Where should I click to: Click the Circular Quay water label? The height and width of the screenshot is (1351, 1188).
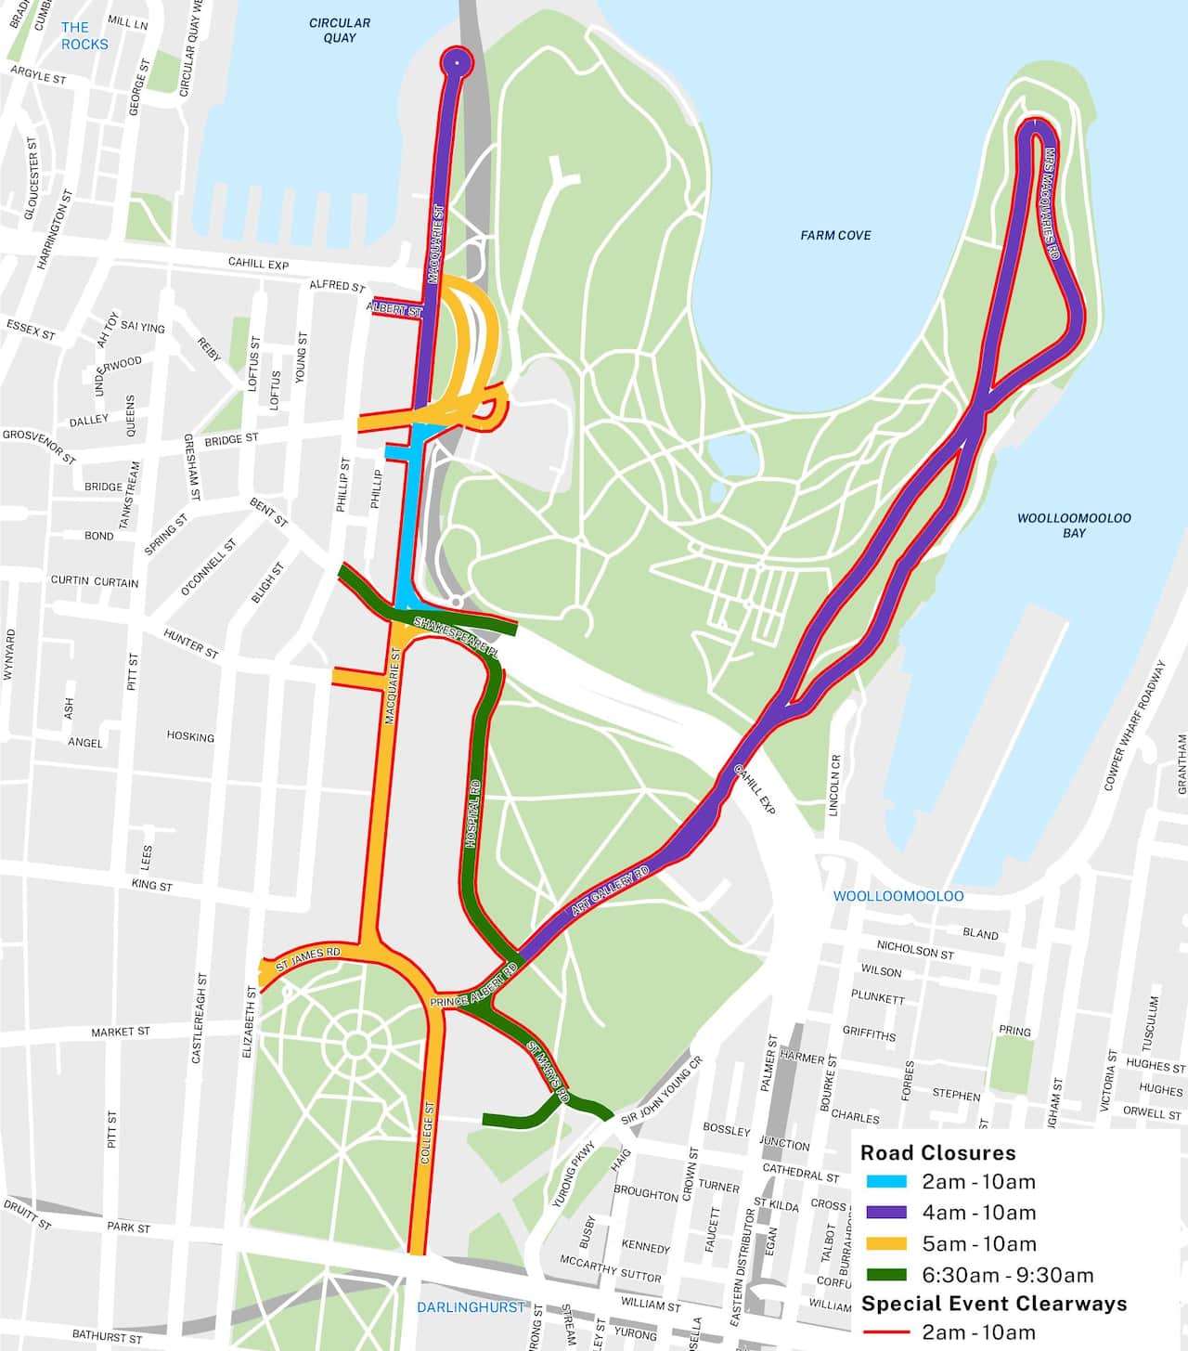click(340, 30)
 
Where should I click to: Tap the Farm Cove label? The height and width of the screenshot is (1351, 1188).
click(835, 235)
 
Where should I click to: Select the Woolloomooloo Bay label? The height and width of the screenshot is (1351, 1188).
click(1074, 526)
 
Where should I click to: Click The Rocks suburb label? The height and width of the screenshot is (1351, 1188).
click(84, 35)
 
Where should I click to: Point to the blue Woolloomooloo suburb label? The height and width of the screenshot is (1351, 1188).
click(897, 896)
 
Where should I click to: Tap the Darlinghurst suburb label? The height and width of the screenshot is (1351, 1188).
click(471, 1306)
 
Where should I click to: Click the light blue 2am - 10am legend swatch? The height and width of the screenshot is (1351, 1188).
click(885, 1182)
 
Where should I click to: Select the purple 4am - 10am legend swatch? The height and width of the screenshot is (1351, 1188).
click(885, 1213)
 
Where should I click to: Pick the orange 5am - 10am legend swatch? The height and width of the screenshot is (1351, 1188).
click(885, 1244)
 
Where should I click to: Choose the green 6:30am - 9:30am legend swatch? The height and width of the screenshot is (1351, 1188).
click(885, 1275)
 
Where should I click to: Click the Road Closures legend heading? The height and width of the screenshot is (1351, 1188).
click(937, 1152)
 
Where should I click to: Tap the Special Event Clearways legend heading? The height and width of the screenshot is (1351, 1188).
click(993, 1303)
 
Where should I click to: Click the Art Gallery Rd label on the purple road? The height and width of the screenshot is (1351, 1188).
click(610, 892)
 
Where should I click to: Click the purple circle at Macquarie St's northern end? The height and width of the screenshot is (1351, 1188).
click(456, 62)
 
